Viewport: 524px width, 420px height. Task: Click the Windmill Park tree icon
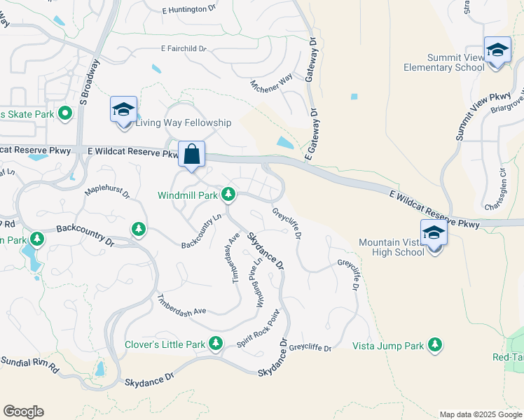point(228,194)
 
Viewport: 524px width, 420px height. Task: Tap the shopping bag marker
point(192,153)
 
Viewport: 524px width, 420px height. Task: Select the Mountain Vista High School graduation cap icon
point(434,231)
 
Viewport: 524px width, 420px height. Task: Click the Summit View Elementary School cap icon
point(497,51)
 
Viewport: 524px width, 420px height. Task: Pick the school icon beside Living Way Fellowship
point(123,109)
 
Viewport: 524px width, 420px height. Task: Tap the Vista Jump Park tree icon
point(436,344)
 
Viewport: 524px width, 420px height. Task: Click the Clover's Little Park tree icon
point(216,343)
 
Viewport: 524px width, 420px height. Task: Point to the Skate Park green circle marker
point(65,113)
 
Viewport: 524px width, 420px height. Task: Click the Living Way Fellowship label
point(183,123)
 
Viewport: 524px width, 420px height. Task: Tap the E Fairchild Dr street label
point(184,49)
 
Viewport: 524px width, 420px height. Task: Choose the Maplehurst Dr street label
point(107,191)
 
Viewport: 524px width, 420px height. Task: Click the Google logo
point(23,412)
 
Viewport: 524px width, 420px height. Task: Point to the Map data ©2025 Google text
point(480,414)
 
